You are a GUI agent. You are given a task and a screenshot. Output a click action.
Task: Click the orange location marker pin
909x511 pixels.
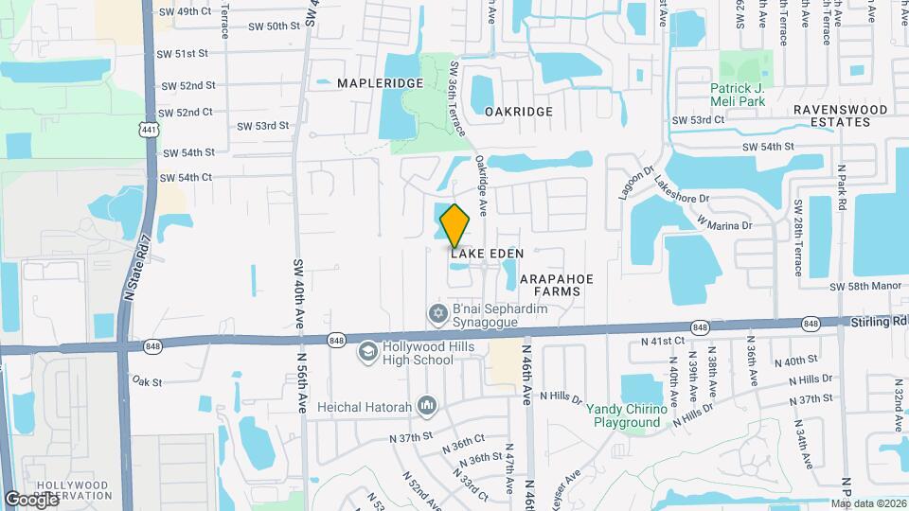[455, 225]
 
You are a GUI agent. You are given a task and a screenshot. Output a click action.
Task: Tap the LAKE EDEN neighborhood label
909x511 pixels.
[487, 254]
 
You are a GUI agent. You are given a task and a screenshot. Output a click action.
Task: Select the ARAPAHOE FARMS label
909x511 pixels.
[562, 285]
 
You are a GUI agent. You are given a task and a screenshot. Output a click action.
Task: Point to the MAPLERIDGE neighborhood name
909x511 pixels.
[381, 83]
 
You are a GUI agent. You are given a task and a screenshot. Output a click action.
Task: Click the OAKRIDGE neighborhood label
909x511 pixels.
[519, 112]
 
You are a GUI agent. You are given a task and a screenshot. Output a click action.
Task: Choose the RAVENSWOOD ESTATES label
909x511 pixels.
[841, 115]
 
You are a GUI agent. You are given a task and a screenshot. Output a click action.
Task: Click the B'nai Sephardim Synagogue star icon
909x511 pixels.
[437, 312]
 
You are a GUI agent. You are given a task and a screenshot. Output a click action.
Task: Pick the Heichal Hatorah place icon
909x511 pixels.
[426, 405]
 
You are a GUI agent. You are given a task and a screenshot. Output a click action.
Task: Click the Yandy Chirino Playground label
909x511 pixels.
[623, 415]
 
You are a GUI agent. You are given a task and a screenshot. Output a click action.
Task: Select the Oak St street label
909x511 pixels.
[148, 382]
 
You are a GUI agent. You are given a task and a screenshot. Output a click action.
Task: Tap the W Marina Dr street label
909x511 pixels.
[724, 223]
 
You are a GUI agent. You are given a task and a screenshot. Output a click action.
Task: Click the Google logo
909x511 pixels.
[31, 499]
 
